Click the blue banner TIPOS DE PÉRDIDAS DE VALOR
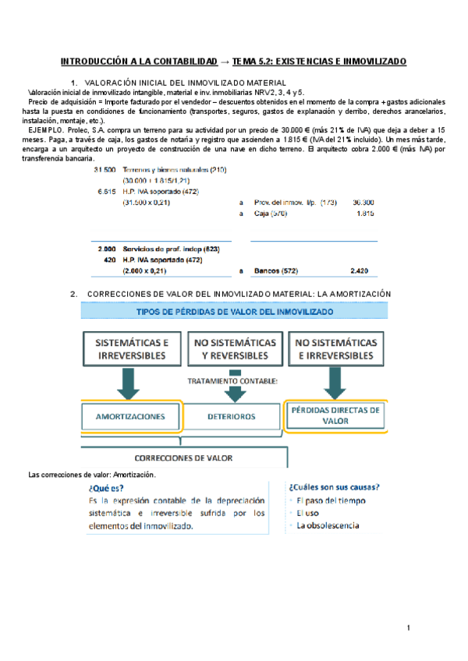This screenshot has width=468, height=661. coord(234,312)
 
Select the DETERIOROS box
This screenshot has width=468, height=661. coord(232,416)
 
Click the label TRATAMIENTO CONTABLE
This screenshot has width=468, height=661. coord(232,382)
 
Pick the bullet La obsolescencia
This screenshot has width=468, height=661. coord(328,525)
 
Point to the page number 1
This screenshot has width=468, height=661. coord(408,627)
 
